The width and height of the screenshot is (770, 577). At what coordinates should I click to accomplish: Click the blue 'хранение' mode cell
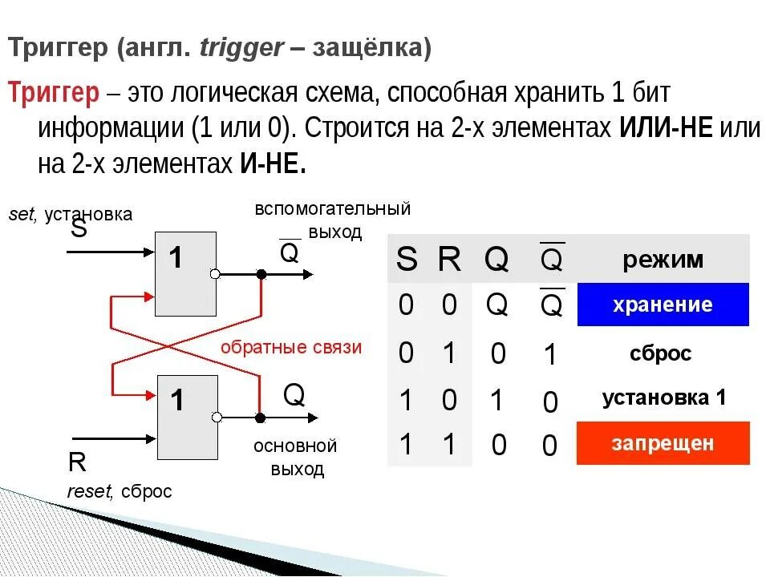[663, 305]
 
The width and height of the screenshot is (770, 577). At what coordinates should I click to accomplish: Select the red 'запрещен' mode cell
[663, 443]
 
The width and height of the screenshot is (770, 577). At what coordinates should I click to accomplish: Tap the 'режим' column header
[663, 259]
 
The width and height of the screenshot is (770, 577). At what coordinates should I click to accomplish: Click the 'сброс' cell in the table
[659, 353]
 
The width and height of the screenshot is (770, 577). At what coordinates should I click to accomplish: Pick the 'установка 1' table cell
[664, 397]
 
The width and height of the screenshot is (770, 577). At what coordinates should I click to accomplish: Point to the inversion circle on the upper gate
[214, 274]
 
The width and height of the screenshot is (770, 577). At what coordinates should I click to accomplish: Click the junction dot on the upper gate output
[261, 274]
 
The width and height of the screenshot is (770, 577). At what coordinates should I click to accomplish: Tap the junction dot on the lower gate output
[260, 417]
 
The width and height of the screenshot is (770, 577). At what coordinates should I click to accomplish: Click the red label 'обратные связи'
[291, 347]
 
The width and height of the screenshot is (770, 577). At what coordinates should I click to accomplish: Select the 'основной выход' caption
[295, 457]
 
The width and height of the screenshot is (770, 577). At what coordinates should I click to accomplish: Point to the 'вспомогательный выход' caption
[333, 220]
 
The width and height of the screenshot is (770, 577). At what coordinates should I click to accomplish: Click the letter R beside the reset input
[78, 463]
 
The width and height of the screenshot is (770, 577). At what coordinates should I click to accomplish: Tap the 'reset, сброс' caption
[120, 491]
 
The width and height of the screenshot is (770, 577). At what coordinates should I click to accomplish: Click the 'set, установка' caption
[70, 214]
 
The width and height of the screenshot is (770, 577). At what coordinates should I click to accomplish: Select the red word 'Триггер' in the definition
[54, 94]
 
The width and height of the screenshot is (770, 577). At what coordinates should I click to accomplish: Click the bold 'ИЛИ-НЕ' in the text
[666, 128]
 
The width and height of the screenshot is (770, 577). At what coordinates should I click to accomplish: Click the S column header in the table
[407, 260]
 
